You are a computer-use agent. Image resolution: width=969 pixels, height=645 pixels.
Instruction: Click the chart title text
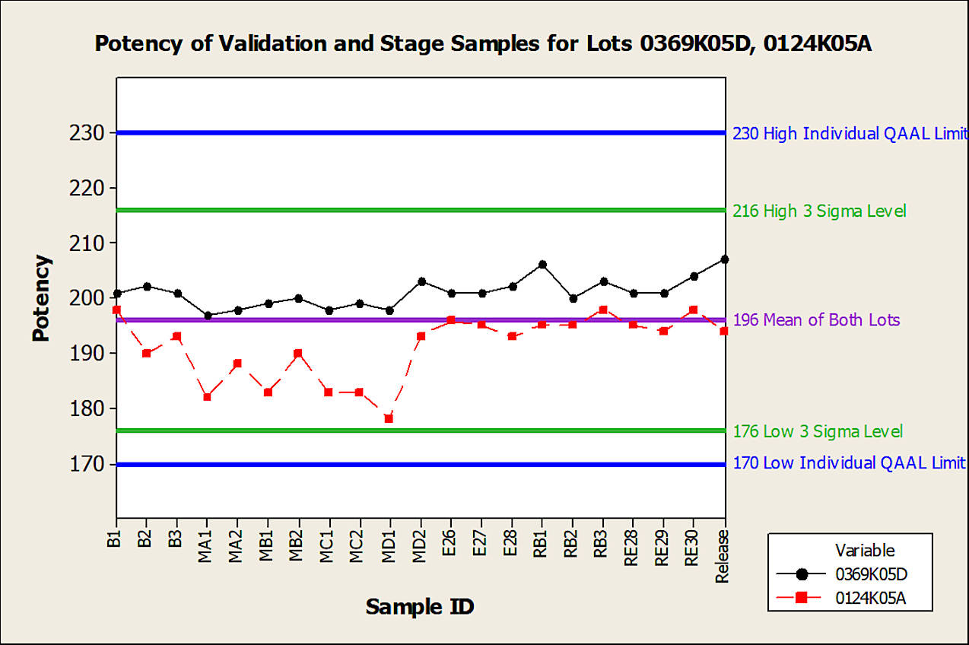tap(483, 43)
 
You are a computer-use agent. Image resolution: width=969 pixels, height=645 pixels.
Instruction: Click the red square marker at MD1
tap(389, 418)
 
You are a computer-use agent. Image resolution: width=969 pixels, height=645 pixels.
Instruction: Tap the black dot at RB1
tap(542, 265)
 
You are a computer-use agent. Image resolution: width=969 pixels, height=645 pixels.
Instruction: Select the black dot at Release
tap(724, 259)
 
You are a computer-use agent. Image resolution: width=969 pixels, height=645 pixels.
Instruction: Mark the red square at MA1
tap(207, 397)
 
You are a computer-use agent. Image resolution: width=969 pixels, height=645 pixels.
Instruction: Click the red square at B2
tap(146, 353)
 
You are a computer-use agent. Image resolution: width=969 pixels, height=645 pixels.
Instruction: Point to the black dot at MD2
tap(421, 281)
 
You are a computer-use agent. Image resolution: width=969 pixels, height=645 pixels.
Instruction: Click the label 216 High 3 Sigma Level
tap(819, 211)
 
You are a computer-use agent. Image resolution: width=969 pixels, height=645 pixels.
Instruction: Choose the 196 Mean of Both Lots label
tap(816, 320)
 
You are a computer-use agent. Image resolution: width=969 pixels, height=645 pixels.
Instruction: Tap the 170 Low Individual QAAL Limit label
tap(849, 463)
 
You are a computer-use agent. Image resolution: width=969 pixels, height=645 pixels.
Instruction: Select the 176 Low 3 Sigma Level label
tap(818, 432)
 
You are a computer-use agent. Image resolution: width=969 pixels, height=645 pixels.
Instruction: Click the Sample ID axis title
tap(420, 607)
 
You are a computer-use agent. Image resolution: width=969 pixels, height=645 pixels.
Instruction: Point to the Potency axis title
tap(43, 298)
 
